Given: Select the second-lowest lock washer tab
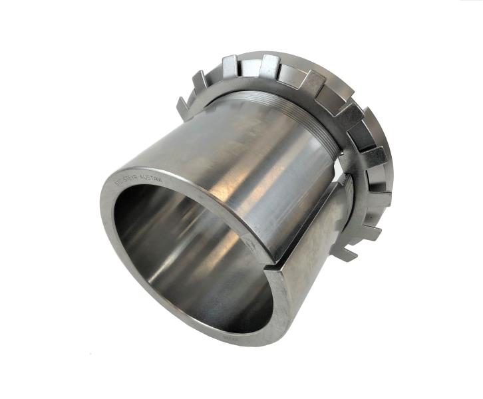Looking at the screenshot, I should (370, 233).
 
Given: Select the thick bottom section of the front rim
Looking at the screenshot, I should (220, 326).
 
